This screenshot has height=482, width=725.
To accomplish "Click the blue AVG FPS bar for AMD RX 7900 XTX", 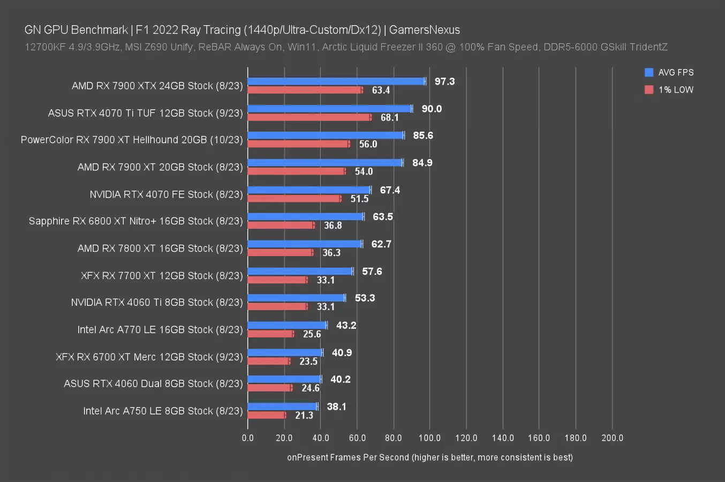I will click(x=336, y=81).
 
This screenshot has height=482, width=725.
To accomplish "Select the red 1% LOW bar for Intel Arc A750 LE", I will click(x=266, y=415).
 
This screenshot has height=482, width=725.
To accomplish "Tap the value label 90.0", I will click(x=432, y=109).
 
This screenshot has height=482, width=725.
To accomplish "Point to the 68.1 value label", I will click(x=389, y=117).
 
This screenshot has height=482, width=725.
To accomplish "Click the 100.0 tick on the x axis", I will click(x=429, y=438).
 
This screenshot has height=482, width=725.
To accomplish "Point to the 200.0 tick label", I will click(x=612, y=438).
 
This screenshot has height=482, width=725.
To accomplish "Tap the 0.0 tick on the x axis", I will click(x=248, y=438).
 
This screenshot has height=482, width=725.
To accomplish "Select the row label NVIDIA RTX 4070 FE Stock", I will click(x=166, y=194).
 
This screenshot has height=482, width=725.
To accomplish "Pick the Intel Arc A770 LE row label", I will click(x=160, y=330).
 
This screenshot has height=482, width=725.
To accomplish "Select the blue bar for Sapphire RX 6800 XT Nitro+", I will click(x=306, y=217).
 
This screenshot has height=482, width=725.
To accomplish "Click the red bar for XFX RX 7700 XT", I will click(x=277, y=280).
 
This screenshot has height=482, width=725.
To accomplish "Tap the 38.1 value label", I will click(x=336, y=406).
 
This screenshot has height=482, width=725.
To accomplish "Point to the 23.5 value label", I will click(x=308, y=361).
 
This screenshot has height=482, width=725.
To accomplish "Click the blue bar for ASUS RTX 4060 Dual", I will click(x=284, y=379).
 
